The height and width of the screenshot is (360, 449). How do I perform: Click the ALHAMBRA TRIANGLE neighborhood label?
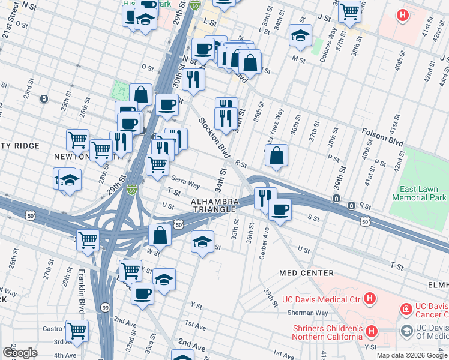pyautogui.click(x=213, y=205)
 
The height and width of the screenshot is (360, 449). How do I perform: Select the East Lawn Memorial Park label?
pyautogui.click(x=419, y=193)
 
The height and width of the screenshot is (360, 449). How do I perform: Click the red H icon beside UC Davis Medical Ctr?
pyautogui.click(x=371, y=298)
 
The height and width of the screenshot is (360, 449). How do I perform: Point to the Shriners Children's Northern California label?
pyautogui.click(x=327, y=332)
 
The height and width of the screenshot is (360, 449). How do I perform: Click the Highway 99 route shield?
pyautogui.click(x=105, y=307)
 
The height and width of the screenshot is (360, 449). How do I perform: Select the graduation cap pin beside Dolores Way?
pyautogui.click(x=300, y=35)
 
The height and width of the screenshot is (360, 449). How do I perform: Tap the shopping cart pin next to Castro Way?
pyautogui.click(x=77, y=329)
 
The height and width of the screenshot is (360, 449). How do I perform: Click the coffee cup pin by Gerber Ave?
pyautogui.click(x=280, y=210)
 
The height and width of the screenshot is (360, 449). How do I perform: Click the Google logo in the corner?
pyautogui.click(x=20, y=352)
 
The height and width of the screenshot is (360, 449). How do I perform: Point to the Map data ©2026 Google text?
pyautogui.click(x=411, y=355)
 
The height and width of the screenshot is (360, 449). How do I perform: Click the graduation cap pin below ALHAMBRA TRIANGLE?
pyautogui.click(x=203, y=242)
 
